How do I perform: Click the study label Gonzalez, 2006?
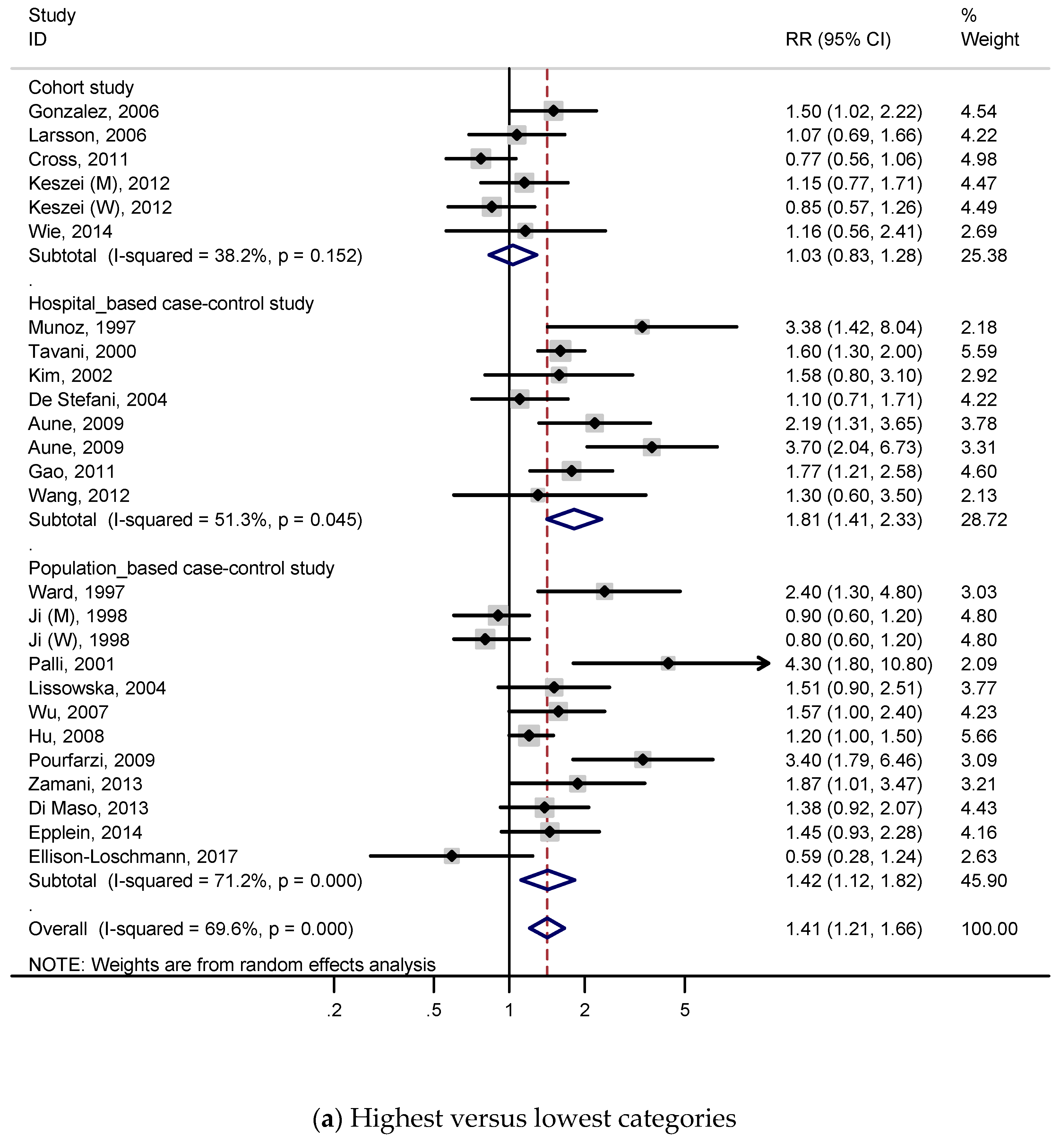(x=93, y=111)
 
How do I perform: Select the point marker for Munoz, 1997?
(x=642, y=327)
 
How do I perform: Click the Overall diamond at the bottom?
(x=547, y=928)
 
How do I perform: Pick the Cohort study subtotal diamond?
(x=513, y=255)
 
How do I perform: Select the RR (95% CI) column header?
(x=838, y=39)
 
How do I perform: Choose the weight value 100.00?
(x=989, y=928)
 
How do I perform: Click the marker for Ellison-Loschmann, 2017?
(x=452, y=856)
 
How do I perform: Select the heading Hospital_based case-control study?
(x=171, y=303)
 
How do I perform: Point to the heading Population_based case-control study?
(x=181, y=568)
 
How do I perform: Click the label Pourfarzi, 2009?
(x=92, y=760)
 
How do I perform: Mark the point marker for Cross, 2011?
(x=481, y=159)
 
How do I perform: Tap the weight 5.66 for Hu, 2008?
(x=978, y=736)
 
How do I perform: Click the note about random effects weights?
(x=232, y=965)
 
